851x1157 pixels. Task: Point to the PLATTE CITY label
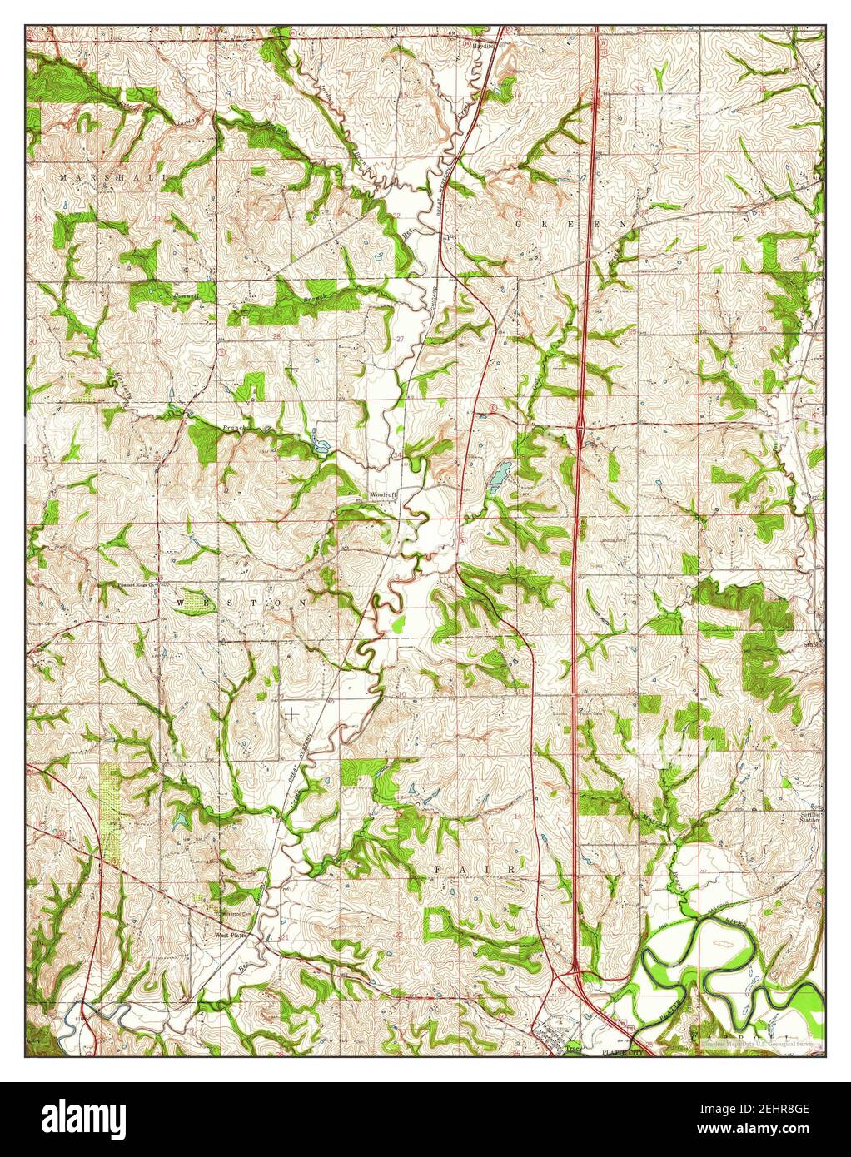click(x=616, y=1052)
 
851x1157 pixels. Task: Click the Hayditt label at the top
click(x=484, y=46)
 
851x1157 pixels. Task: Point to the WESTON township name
click(x=241, y=600)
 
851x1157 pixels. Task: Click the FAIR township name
click(x=475, y=869)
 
